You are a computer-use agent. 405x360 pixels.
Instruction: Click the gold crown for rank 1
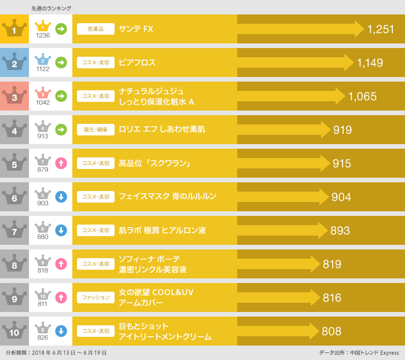14,29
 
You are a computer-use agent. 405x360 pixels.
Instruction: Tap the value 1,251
380,29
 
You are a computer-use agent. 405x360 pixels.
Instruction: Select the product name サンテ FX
136,29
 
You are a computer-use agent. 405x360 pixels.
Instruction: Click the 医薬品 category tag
95,29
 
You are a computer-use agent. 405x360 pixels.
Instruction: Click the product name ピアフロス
137,63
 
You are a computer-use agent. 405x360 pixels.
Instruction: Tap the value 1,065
362,96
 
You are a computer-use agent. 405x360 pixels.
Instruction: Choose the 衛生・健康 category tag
95,130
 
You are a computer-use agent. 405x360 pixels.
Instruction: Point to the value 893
340,230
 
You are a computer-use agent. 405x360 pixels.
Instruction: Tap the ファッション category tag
95,297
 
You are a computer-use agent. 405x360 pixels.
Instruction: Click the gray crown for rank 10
14,331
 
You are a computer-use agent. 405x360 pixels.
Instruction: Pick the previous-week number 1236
43,36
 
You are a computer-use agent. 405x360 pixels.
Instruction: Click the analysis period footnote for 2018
56,352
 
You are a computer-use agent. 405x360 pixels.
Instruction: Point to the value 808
331,331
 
